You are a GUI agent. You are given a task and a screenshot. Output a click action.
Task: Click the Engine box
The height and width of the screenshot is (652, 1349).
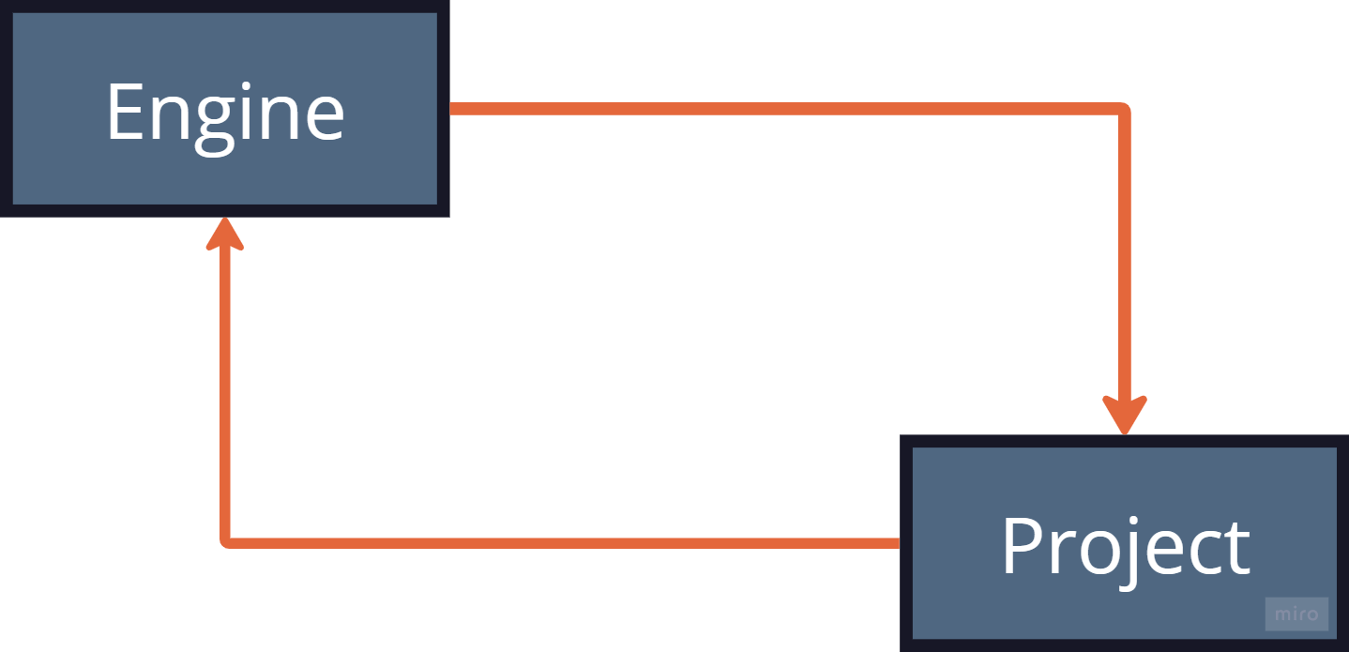(224, 109)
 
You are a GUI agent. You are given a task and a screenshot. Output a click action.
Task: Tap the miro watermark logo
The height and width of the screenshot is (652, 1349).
(1296, 614)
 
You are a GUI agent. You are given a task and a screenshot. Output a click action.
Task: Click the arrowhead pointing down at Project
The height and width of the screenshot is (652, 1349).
(1124, 413)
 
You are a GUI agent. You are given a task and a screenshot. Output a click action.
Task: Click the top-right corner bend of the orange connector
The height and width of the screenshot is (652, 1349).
(1123, 111)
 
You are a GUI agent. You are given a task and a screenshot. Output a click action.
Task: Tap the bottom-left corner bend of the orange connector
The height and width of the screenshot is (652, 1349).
(226, 541)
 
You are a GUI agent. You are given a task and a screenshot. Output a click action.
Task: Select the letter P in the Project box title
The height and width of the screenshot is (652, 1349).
(1022, 546)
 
